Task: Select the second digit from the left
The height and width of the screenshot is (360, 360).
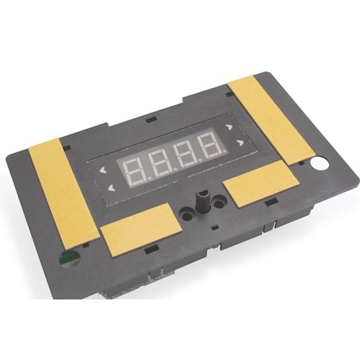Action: tap(161, 160)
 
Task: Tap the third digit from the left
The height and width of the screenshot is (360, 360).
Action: tap(186, 153)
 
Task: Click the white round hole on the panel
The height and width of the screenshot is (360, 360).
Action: tap(320, 165)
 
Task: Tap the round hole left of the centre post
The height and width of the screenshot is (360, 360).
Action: tap(186, 213)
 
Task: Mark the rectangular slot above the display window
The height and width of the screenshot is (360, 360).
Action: tap(150, 119)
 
